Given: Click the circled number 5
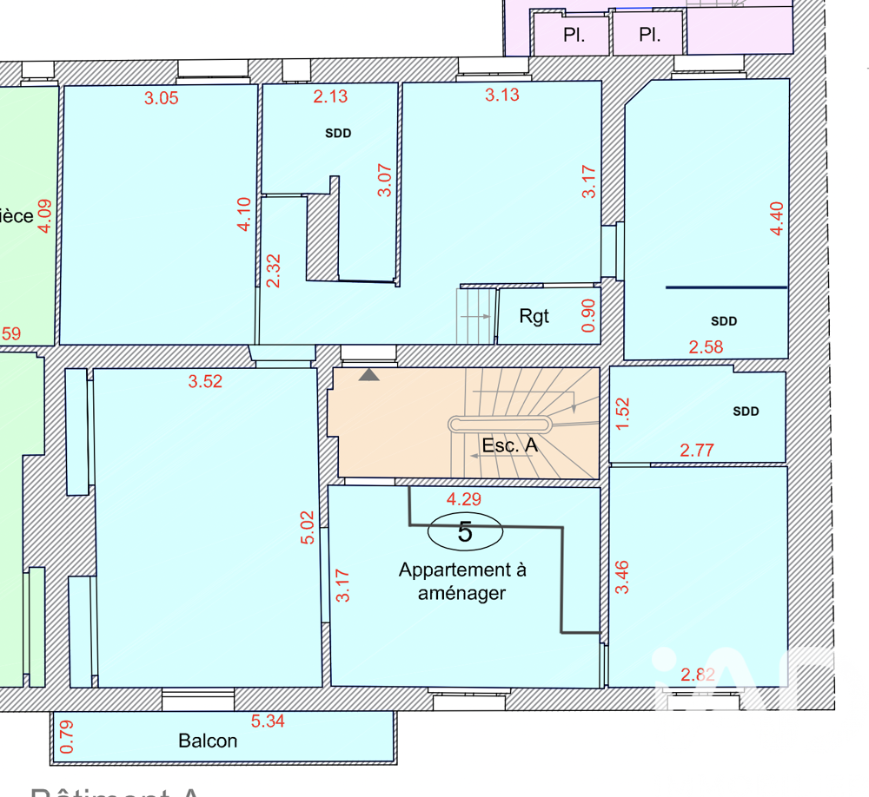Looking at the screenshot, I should point(465,531).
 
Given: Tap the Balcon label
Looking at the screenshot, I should point(208,741).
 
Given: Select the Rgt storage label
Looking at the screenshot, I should point(534,316).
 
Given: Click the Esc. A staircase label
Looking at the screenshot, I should point(510,446).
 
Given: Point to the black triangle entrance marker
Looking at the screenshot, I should point(369,375).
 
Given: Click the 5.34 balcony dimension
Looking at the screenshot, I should point(269,721).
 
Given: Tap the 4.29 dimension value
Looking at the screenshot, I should point(463,499).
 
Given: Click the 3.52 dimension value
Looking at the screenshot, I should point(205,381).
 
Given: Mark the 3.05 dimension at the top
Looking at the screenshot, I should point(161,98).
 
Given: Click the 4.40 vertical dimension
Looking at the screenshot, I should point(776,218).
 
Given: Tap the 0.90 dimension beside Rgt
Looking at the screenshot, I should point(589,316).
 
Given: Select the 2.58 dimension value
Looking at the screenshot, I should point(706,347).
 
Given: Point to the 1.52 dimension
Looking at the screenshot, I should point(621,413).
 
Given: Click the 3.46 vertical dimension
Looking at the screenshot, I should point(621,577).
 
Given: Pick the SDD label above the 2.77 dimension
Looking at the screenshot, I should point(746,412).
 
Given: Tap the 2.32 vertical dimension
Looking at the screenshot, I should point(273,271).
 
